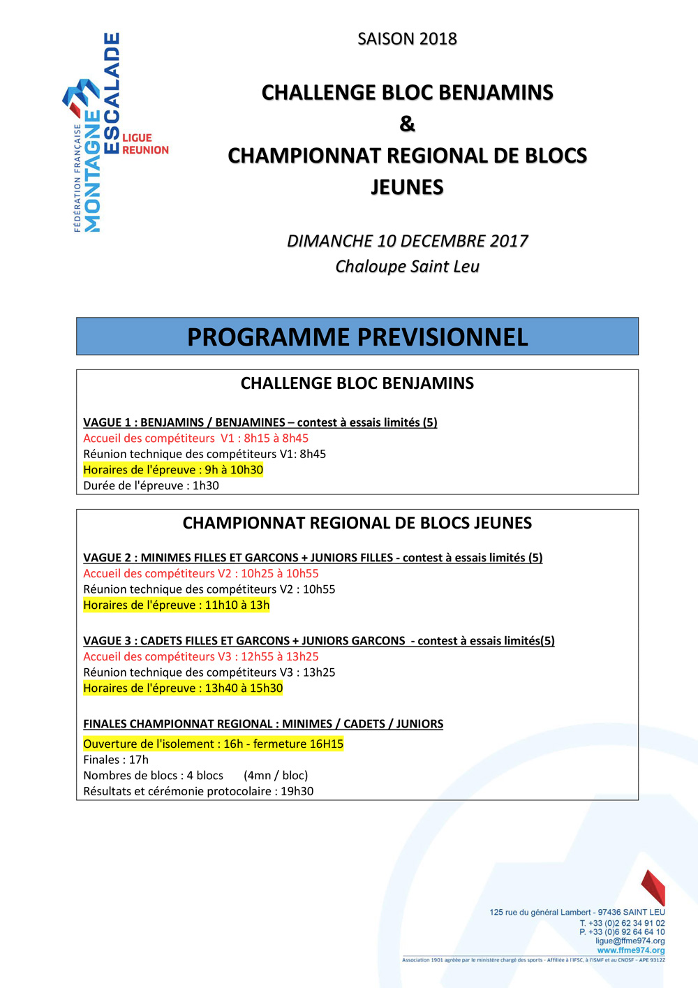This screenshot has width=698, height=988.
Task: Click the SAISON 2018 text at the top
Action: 407,39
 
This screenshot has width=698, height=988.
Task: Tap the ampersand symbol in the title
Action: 407,124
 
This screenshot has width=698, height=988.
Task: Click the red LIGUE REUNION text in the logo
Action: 145,144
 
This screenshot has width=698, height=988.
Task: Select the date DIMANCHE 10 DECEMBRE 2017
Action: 407,241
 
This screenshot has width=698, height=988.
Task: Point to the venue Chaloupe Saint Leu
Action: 407,267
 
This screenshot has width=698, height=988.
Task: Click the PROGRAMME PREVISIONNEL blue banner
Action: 357,337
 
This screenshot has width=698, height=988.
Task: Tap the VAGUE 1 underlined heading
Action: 260,422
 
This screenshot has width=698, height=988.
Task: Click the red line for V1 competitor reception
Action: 195,438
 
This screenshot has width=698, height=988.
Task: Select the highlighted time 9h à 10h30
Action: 234,470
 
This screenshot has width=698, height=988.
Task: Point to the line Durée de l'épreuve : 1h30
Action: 151,486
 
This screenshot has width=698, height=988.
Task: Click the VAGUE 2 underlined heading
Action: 313,558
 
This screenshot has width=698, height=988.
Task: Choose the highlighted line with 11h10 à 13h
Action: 176,605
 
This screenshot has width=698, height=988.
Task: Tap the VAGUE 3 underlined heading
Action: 318,641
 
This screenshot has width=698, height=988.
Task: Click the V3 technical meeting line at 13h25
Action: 209,672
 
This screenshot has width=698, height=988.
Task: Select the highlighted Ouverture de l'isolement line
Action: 213,744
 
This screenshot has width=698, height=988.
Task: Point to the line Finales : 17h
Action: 116,760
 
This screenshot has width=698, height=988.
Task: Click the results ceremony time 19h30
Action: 297,791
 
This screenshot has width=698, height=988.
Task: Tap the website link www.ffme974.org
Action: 630,950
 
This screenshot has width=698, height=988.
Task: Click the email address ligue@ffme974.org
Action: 630,941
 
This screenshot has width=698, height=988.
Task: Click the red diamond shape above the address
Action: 653,887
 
